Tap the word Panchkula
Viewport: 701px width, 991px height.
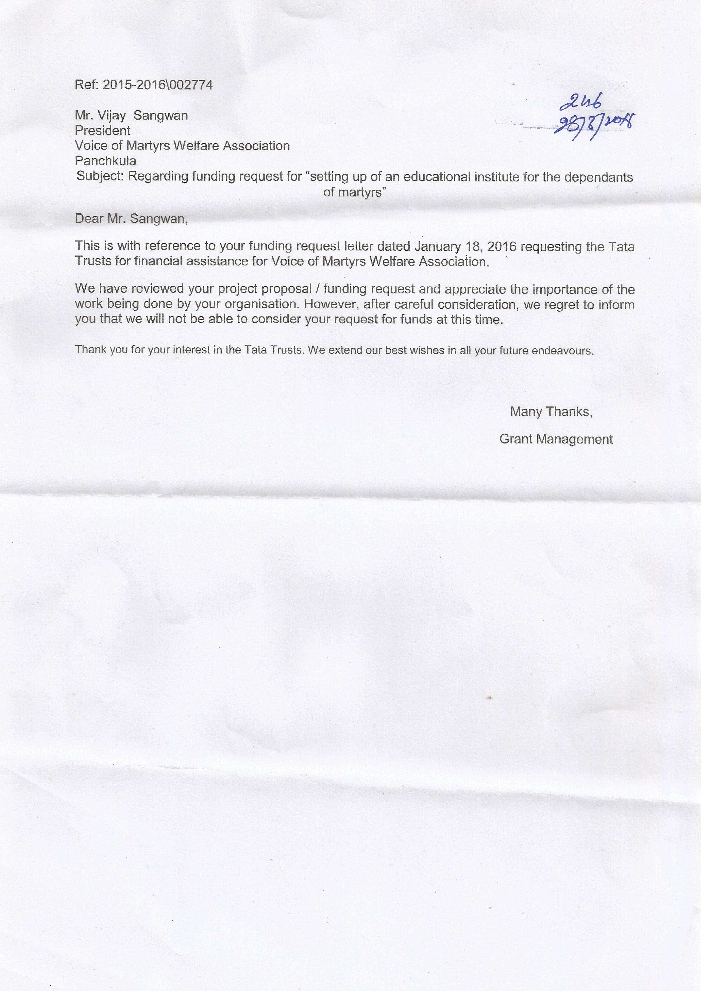point(105,161)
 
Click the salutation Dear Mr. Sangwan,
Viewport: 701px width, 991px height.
point(131,219)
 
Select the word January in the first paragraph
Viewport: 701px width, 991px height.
point(437,246)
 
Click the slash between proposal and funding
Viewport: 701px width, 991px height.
point(317,289)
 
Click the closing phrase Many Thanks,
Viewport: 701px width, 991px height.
point(551,412)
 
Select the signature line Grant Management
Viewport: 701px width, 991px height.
point(556,439)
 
